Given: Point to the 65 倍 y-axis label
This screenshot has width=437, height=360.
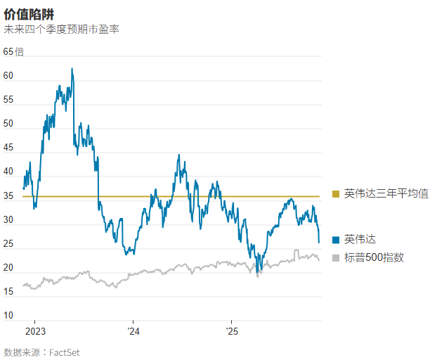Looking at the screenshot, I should click(14, 52).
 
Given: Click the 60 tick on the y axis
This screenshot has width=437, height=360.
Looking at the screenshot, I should click(8, 76).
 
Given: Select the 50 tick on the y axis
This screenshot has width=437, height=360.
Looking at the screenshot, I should click(8, 124).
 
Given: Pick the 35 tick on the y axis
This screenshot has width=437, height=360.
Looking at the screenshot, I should click(8, 196).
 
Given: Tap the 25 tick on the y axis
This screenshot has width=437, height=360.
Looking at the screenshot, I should click(8, 244).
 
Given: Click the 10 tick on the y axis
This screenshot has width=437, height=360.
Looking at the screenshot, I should click(8, 316).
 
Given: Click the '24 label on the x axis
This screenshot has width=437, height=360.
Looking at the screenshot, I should click(134, 330).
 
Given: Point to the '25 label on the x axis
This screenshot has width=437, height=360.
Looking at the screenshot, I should click(232, 330).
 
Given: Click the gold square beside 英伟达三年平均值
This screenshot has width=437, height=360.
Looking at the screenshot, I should click(336, 194).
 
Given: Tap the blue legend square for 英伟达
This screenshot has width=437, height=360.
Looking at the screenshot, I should click(336, 240).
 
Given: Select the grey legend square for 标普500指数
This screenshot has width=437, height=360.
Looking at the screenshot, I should click(336, 258).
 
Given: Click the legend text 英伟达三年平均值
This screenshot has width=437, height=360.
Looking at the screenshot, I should click(386, 194).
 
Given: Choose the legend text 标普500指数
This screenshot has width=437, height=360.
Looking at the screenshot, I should click(374, 258).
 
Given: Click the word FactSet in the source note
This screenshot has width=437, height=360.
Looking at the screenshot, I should click(64, 352).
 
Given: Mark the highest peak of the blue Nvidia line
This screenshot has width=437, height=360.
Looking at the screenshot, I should click(72, 69).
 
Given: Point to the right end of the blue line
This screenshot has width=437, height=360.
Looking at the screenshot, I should click(319, 243).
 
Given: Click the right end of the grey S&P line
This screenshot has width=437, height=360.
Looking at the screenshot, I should click(319, 260).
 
